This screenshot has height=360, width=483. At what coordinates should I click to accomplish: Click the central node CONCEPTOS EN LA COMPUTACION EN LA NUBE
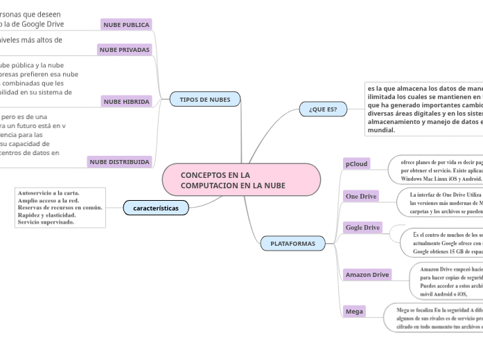coord(241,180)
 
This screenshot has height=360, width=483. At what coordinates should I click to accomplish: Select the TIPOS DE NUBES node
coord(205,100)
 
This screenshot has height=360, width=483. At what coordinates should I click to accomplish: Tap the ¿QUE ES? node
coord(323,109)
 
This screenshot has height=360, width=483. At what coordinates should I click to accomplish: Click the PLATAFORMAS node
coord(292,244)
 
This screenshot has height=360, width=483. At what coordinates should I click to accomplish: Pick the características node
coord(156,208)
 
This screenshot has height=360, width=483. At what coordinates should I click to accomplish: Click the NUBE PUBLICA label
coord(126,25)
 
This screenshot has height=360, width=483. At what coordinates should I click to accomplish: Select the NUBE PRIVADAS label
coord(125,50)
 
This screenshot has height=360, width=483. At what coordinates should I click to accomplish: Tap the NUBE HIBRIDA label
coord(126,102)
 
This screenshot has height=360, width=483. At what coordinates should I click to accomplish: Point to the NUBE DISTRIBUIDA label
coord(119,162)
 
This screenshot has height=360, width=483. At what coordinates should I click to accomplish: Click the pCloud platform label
coord(357,164)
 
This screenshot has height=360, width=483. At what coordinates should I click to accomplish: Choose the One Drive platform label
coord(361,197)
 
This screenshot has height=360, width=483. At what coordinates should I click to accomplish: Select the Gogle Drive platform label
coord(363,227)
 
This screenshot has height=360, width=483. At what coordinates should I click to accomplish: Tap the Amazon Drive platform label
coord(367,275)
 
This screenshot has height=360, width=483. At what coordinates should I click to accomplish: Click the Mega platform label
coord(354,312)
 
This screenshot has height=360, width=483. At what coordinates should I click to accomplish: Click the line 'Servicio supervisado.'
coord(46,222)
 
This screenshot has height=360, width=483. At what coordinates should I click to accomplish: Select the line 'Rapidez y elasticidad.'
coord(47,215)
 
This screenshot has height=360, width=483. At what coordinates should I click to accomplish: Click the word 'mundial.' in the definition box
coord(382,130)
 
